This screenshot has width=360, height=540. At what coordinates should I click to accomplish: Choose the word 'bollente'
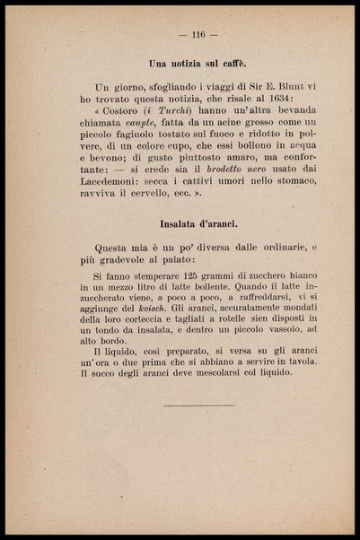point(210,293)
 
